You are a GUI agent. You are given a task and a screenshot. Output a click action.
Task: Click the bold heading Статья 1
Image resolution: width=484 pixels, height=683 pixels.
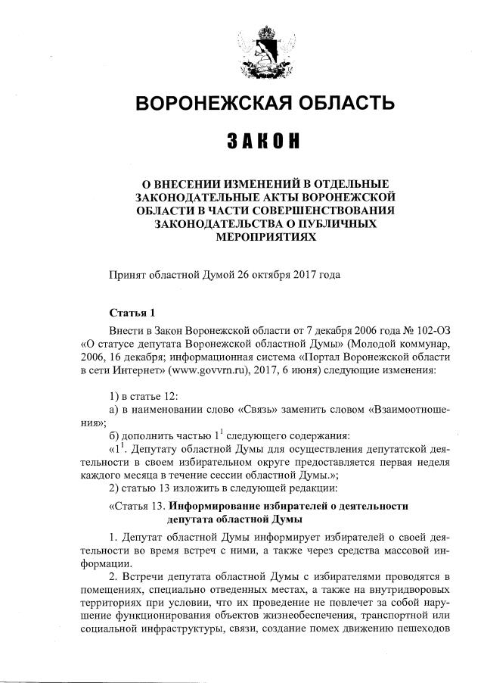click(x=132, y=313)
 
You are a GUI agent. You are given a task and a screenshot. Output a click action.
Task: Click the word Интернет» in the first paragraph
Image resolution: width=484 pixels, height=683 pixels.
click(x=126, y=371)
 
